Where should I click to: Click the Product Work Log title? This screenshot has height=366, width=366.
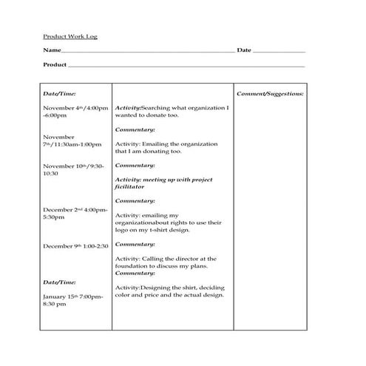click(70, 35)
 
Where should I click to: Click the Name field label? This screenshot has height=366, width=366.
click(50, 50)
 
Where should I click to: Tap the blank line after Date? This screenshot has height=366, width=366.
click(279, 51)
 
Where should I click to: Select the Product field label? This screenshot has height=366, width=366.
click(55, 65)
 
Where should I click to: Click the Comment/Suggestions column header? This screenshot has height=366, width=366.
click(270, 94)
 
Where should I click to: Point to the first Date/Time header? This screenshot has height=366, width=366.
click(60, 94)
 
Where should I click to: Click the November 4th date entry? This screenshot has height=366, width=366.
click(75, 112)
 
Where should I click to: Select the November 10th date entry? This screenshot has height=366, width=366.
click(73, 169)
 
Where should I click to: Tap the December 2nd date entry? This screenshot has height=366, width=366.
click(75, 213)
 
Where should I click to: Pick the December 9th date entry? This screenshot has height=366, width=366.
click(75, 245)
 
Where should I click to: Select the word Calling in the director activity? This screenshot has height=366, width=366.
click(155, 259)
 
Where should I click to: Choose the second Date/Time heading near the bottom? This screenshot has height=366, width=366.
click(60, 282)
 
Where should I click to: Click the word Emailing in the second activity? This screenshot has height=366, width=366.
click(155, 143)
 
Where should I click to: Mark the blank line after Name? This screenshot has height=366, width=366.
click(147, 51)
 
